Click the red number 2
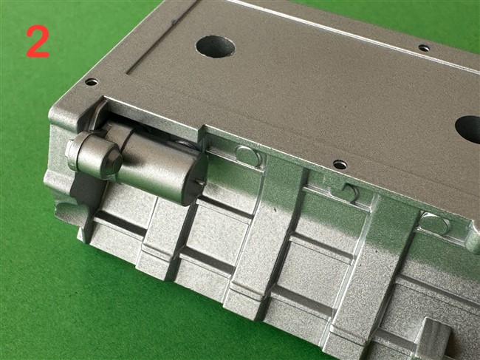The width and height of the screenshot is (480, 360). [x=38, y=41]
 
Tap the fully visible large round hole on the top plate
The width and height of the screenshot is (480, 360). [x=215, y=47]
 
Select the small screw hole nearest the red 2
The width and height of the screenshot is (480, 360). [x=92, y=82]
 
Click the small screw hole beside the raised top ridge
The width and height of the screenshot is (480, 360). [x=424, y=48]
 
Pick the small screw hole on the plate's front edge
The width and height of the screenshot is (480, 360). [x=340, y=165]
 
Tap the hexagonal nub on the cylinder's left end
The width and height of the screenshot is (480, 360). [x=70, y=153]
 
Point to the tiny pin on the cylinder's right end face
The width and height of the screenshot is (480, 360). [x=201, y=183]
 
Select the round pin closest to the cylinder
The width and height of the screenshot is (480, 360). [x=248, y=156]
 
